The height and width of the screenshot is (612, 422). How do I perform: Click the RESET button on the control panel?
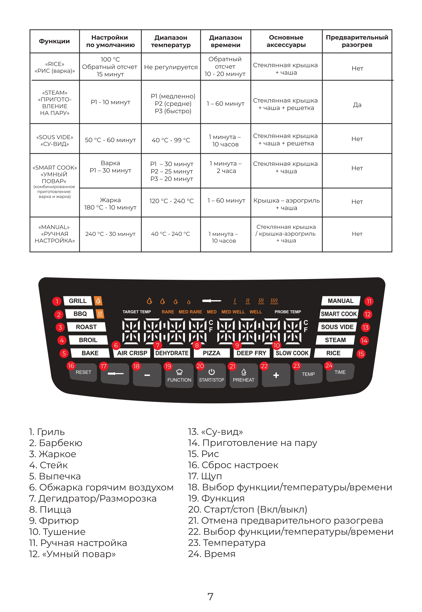point(83,372)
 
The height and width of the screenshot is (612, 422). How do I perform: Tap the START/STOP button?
point(211,376)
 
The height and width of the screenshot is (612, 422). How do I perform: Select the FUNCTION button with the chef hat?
point(179,376)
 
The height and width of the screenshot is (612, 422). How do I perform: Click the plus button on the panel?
point(276,375)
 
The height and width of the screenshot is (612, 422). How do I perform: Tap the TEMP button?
point(308,374)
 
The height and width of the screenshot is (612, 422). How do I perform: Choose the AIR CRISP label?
point(132,353)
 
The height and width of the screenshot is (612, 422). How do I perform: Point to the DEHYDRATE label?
point(172,353)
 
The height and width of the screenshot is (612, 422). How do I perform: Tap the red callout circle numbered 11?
point(369,301)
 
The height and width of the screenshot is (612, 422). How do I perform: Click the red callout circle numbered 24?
point(329,366)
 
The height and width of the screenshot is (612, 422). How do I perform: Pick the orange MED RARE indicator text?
point(190,312)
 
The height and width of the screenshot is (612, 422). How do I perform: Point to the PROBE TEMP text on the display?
point(287,312)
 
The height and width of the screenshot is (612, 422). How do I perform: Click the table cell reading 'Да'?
point(357,105)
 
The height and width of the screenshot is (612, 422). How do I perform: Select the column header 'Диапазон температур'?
point(171,41)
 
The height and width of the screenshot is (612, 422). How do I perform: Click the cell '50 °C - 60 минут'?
point(110,140)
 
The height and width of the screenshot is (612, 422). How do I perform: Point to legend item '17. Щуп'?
point(205,476)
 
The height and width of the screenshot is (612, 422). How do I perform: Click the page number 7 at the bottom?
point(210,597)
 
